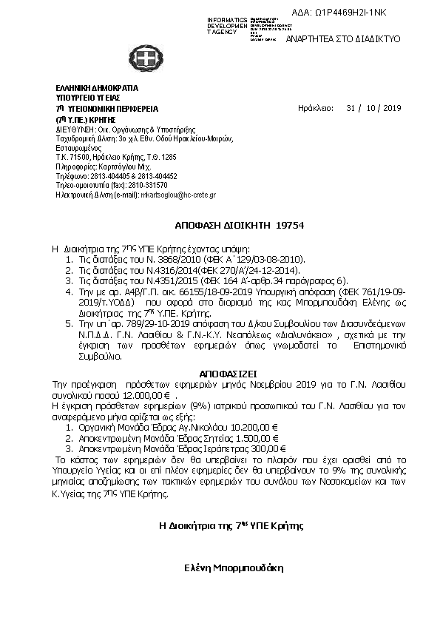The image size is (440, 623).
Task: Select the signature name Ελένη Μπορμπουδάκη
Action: tap(234, 569)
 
